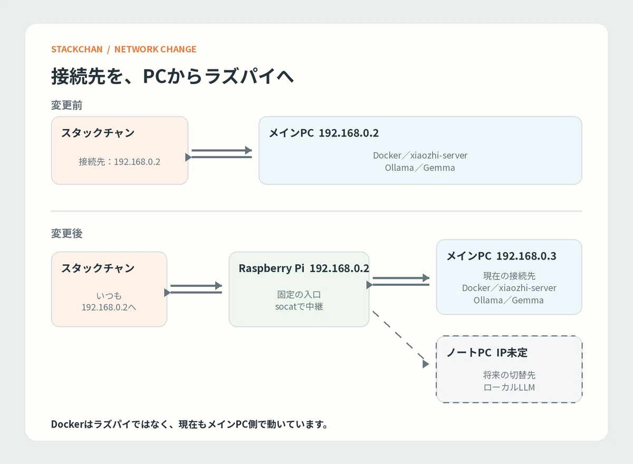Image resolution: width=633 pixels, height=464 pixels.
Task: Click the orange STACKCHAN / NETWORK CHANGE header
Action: pyautogui.click(x=123, y=49)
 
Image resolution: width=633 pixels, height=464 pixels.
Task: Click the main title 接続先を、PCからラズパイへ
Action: pyautogui.click(x=172, y=76)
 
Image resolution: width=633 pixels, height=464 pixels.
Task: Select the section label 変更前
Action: pyautogui.click(x=66, y=105)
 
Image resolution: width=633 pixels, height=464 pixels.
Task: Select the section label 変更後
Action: pyautogui.click(x=66, y=233)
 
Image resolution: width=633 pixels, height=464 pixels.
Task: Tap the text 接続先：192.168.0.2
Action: pyautogui.click(x=119, y=161)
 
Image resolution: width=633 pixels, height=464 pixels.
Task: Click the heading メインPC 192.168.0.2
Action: pyautogui.click(x=323, y=133)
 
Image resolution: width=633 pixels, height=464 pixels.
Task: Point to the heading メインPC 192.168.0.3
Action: pyautogui.click(x=501, y=256)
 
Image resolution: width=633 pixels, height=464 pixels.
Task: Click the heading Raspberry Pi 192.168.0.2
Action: pyautogui.click(x=304, y=268)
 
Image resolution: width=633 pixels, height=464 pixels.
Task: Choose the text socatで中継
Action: pyautogui.click(x=299, y=306)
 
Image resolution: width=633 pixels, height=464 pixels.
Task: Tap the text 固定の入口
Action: pyautogui.click(x=299, y=295)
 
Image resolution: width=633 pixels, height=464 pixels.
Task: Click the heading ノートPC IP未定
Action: pyautogui.click(x=487, y=352)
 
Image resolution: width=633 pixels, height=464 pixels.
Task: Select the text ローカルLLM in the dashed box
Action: pyautogui.click(x=509, y=387)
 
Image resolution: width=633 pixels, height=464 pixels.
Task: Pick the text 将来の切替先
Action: pyautogui.click(x=509, y=375)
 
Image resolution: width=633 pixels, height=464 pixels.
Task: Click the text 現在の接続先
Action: pyautogui.click(x=509, y=276)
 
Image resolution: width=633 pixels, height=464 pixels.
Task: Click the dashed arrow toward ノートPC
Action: pyautogui.click(x=400, y=339)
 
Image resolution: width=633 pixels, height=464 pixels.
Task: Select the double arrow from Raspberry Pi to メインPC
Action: pyautogui.click(x=398, y=281)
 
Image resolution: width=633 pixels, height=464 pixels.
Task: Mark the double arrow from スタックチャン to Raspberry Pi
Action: pyautogui.click(x=193, y=289)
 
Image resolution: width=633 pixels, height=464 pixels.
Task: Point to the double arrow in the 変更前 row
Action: pyautogui.click(x=218, y=153)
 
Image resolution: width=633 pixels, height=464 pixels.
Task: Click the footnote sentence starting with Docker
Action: pyautogui.click(x=189, y=424)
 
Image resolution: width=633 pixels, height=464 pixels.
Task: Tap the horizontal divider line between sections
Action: pyautogui.click(x=316, y=211)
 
